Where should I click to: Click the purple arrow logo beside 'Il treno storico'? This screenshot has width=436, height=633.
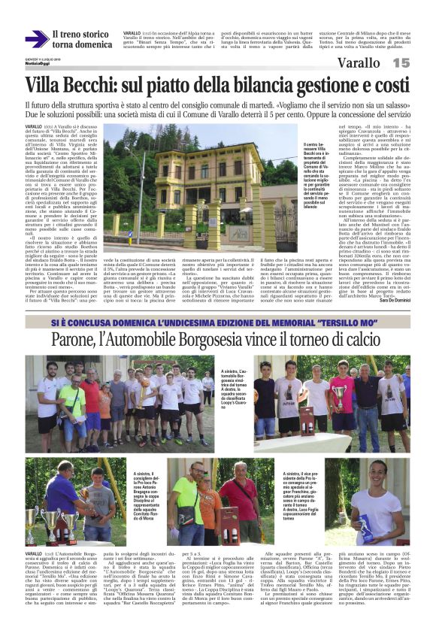pyautogui.click(x=36, y=40)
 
